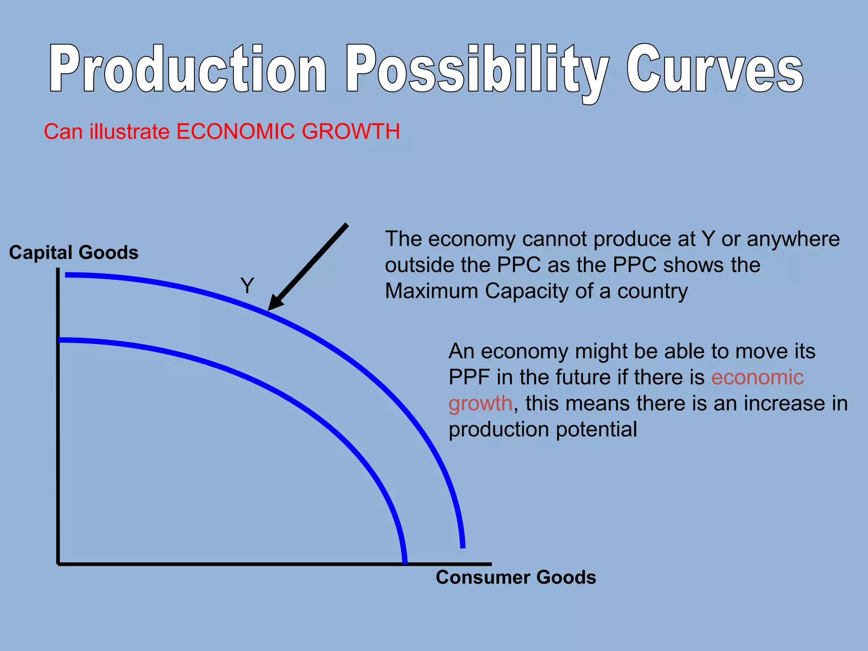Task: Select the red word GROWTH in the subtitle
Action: pyautogui.click(x=351, y=131)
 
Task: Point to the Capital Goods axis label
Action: pyautogui.click(x=74, y=253)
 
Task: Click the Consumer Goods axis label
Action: pyautogui.click(x=516, y=577)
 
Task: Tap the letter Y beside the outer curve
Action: pyautogui.click(x=247, y=286)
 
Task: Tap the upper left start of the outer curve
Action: pyautogui.click(x=67, y=275)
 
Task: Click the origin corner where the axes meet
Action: pyautogui.click(x=58, y=564)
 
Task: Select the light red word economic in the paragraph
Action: pyautogui.click(x=757, y=377)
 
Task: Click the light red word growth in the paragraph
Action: pyautogui.click(x=480, y=403)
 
